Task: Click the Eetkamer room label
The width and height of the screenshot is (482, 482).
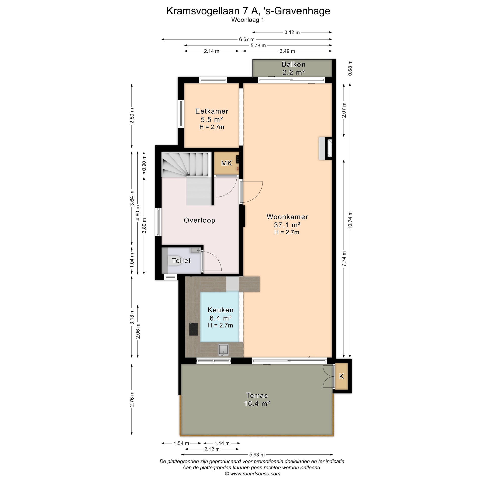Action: tap(212, 111)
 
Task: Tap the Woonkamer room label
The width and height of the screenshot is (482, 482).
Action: tap(287, 217)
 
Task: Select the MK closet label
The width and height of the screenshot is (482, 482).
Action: tap(226, 163)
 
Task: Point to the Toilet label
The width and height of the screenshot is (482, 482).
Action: tap(181, 261)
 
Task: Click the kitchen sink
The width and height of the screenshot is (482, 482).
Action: tap(223, 350)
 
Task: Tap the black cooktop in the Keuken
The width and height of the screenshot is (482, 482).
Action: tap(193, 329)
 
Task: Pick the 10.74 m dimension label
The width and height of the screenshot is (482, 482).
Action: tap(350, 220)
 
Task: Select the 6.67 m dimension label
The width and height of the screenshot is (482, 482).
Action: tap(247, 39)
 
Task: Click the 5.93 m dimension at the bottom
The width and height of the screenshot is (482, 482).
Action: tap(257, 462)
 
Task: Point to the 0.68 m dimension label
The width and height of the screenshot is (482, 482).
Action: tap(351, 68)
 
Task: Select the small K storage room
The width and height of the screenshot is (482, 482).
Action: tap(341, 376)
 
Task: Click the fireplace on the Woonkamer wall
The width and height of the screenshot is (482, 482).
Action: tap(326, 148)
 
